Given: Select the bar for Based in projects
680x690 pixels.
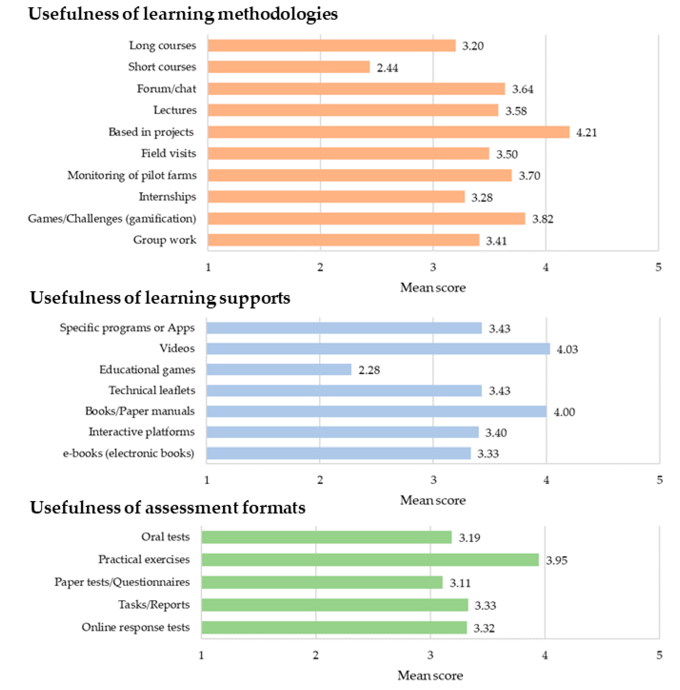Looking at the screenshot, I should point(388,132).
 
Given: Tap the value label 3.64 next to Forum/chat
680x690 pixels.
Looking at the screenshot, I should point(522,89).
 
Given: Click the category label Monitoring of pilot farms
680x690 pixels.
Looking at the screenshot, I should point(132,175).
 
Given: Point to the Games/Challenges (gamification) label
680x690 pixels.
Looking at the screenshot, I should point(112,219).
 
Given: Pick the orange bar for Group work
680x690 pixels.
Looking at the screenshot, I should point(343,240).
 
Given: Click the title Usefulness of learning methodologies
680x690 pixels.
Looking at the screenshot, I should point(183,14).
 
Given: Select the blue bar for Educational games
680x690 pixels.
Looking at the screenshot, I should point(279,369).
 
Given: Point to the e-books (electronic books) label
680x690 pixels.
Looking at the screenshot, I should point(128,453).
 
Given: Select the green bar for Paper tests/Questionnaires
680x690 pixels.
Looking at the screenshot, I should point(322,582).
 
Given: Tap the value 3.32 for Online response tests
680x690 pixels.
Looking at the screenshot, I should point(484,628).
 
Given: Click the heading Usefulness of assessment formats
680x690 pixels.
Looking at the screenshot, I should point(168,507).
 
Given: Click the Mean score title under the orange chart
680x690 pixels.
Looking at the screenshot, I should point(432,287).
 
